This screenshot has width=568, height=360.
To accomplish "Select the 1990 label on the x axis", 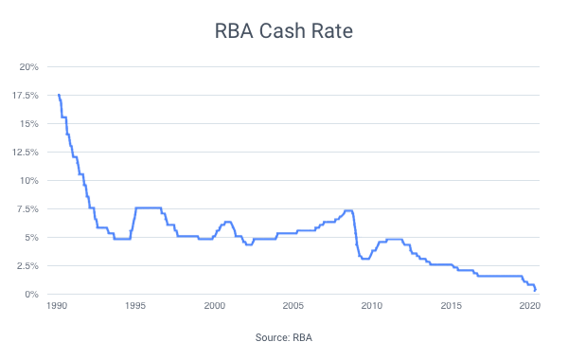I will [57, 306].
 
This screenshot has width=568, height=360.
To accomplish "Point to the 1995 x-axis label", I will [135, 306].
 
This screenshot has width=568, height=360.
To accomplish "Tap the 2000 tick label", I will [214, 306].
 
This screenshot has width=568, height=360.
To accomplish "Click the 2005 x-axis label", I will [293, 306].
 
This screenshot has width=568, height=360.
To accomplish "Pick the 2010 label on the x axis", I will [371, 306].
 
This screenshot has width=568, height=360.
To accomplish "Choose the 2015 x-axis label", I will [450, 306].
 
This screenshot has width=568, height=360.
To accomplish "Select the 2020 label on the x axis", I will [528, 306].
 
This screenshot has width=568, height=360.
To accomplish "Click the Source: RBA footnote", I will [284, 337].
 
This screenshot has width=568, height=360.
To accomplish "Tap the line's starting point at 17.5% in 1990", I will [59, 96].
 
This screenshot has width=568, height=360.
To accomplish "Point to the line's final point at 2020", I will [536, 291].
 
